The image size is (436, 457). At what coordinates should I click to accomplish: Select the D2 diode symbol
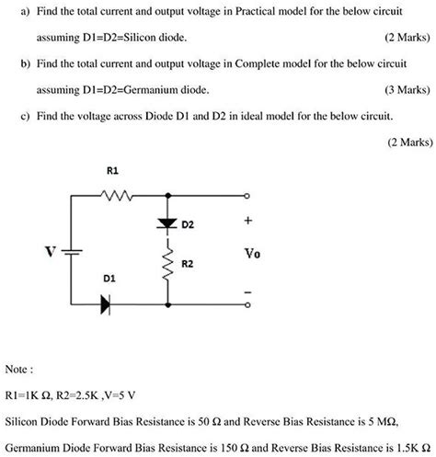(167, 223)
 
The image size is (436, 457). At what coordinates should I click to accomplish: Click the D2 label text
(188, 223)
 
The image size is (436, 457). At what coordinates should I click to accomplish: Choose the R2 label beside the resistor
(188, 264)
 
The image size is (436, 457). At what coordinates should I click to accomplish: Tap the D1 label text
(109, 277)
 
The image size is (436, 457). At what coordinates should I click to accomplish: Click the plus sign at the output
(247, 222)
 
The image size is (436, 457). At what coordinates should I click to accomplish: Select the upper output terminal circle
(247, 196)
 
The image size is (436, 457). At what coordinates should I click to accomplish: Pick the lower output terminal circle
(247, 302)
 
